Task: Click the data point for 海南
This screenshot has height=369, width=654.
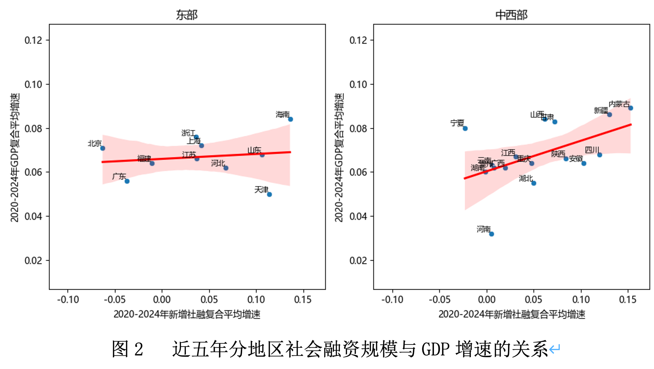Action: pos(290,119)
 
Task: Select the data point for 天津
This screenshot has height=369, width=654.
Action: pos(269,194)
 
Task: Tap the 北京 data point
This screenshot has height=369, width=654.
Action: pos(103,148)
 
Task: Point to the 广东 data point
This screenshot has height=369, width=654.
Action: pos(127,181)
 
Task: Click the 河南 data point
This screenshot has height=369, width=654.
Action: pos(492,234)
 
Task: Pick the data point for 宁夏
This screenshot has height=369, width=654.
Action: pos(465,128)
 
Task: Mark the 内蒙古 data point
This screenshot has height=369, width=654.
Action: pos(631,108)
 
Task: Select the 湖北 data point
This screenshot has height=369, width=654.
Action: pos(534,183)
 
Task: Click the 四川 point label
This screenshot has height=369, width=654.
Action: pos(592,150)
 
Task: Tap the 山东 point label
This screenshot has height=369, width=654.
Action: pos(254,150)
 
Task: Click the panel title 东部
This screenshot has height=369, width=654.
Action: pos(187,15)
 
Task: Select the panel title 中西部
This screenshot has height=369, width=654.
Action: pos(511,15)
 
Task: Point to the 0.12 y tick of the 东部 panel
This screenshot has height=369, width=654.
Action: pos(33,40)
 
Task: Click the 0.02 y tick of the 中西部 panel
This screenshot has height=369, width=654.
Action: pos(358,261)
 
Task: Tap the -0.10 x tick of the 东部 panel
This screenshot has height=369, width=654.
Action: pos(68,300)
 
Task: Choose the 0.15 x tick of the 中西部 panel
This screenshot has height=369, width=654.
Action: pos(628,300)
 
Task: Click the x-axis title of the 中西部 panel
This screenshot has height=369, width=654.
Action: pos(511,314)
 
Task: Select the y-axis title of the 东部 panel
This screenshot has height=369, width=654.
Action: pos(15,157)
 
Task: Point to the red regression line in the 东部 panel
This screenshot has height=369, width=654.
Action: pos(196,157)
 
